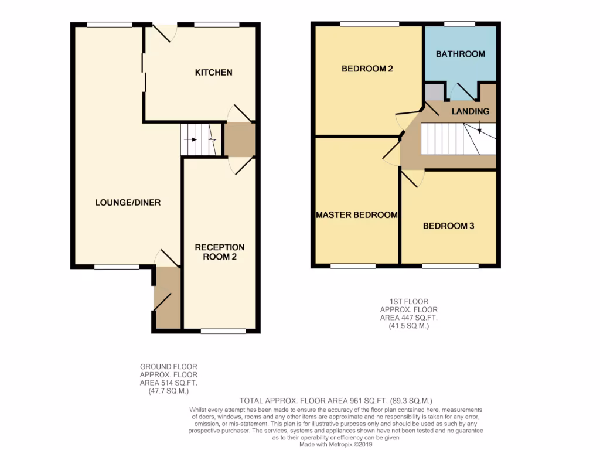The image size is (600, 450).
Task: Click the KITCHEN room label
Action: (213, 73)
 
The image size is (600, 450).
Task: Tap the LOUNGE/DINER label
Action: (128, 203)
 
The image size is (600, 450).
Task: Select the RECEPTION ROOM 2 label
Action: (220, 252)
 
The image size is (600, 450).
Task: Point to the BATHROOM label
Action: (461, 54)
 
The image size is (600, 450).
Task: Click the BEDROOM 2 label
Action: (367, 69)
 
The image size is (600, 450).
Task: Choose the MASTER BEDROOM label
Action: (357, 215)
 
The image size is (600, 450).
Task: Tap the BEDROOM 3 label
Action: (448, 226)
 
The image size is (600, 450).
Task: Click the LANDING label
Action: (470, 111)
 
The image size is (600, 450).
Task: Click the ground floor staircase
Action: (199, 140)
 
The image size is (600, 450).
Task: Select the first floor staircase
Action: (458, 139)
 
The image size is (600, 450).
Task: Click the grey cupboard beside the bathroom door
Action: (434, 92)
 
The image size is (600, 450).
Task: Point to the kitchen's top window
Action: (216, 25)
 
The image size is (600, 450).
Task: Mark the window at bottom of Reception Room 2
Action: (223, 331)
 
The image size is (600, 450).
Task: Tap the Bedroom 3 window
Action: (450, 266)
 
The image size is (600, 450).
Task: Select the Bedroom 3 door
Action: (412, 178)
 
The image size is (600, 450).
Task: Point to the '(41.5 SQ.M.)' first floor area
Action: (408, 326)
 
